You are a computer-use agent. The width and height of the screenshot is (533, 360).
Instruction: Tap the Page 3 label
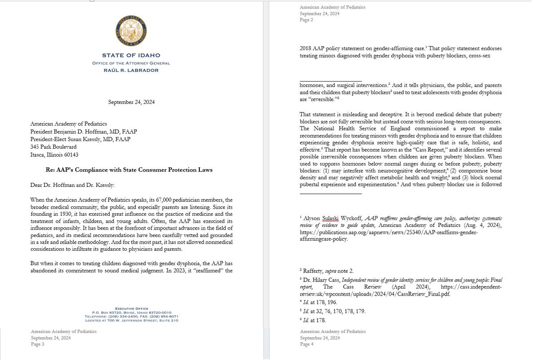click(37, 344)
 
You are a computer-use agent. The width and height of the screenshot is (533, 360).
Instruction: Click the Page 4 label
click(306, 344)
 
